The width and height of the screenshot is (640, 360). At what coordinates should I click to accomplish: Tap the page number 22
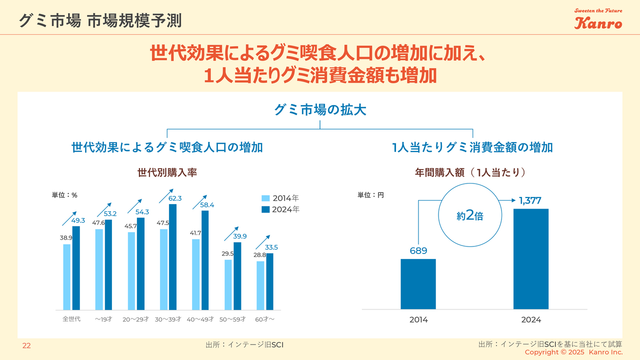26,345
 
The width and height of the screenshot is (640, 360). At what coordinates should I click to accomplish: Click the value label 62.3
175,198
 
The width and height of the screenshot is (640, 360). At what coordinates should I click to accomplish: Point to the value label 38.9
66,238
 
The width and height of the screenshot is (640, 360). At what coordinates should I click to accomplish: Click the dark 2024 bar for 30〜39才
173,256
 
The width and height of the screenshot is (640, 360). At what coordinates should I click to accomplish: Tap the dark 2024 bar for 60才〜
270,281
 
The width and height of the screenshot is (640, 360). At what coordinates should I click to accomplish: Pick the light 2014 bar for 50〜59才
228,284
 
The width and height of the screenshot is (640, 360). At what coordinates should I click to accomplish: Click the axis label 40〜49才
200,319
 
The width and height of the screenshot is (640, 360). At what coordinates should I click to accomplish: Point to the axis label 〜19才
103,319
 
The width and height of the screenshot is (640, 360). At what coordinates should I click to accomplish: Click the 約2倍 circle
469,216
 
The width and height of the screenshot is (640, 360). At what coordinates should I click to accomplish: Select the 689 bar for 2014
418,283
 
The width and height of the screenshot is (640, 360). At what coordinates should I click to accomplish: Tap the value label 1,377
530,201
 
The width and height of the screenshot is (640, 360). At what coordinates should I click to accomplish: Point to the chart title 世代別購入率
167,172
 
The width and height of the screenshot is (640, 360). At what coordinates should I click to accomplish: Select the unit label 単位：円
370,195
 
